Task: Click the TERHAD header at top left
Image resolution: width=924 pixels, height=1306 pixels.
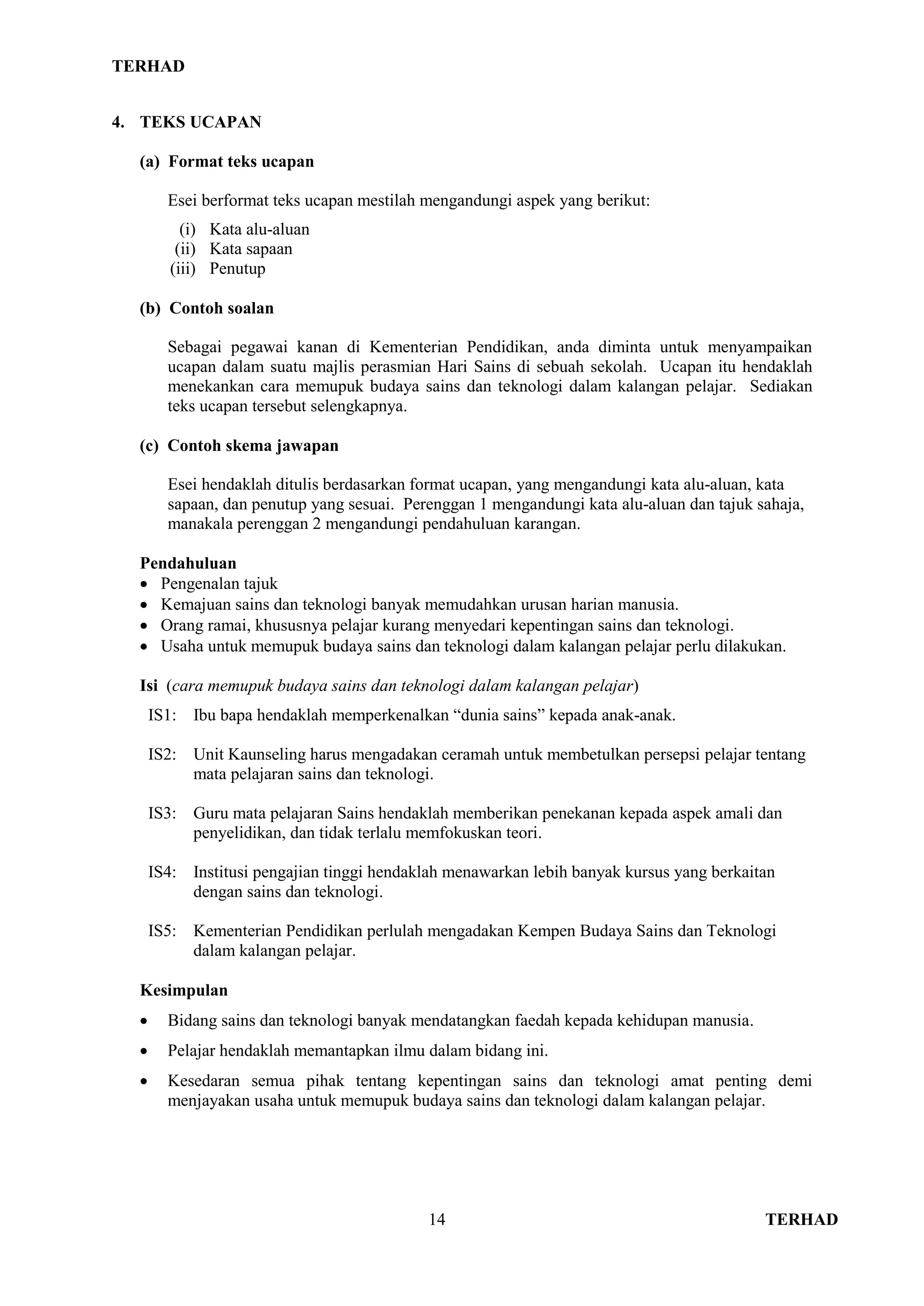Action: click(148, 67)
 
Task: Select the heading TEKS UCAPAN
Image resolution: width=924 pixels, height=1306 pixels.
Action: click(200, 122)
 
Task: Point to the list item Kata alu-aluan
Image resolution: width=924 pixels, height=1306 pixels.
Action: click(259, 229)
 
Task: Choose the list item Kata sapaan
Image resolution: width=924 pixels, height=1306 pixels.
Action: click(251, 248)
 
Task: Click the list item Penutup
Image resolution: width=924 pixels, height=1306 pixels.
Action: click(237, 268)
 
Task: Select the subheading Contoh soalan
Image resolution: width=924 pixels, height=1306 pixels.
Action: click(222, 308)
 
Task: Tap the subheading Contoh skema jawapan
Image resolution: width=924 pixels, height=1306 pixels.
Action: click(253, 446)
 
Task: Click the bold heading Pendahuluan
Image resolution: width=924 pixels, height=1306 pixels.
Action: click(188, 563)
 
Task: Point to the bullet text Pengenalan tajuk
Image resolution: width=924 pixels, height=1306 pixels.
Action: click(219, 584)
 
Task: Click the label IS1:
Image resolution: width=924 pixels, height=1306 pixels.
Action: click(162, 715)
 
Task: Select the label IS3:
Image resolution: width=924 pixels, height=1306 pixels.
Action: click(162, 814)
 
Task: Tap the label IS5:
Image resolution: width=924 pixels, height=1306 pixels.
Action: click(162, 931)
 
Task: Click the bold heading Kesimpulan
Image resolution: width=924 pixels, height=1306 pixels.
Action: click(184, 990)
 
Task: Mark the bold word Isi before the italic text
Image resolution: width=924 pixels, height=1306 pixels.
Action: click(149, 686)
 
